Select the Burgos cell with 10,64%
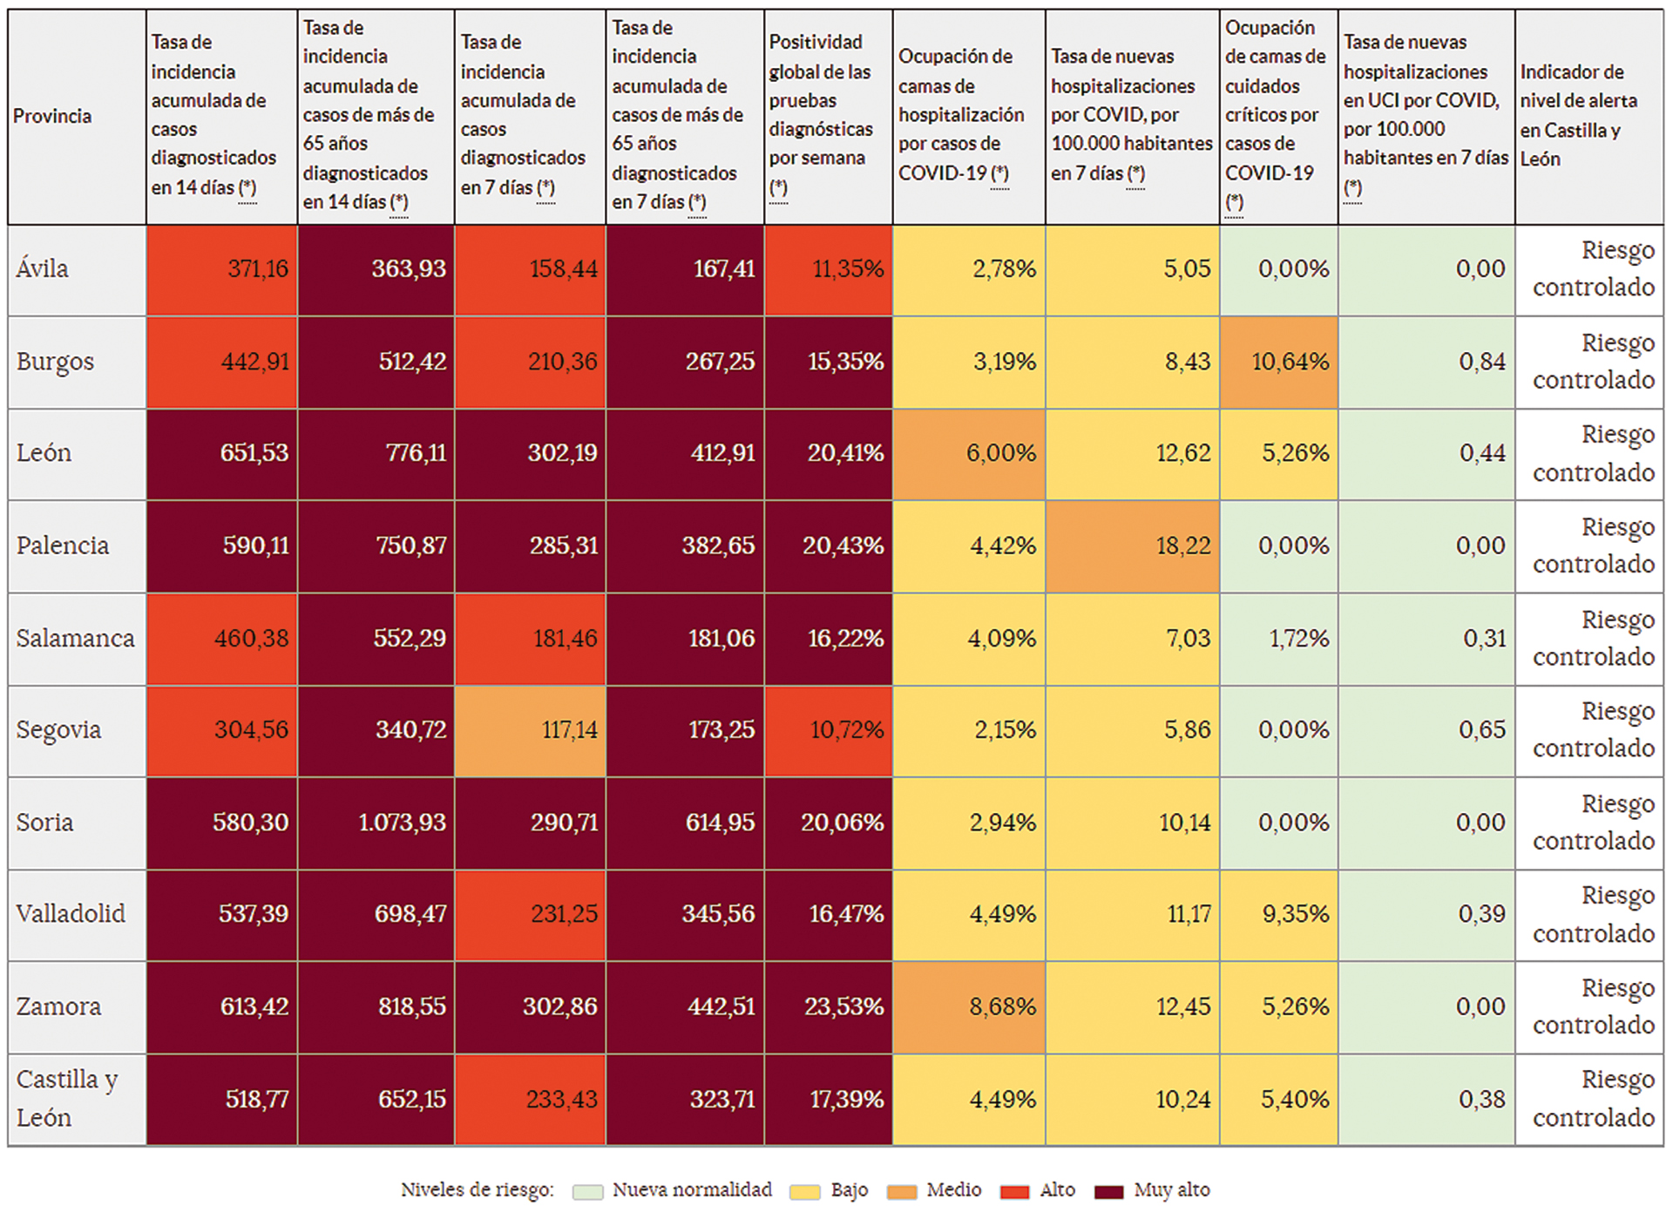[x=1278, y=362]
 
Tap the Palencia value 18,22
[x=1132, y=546]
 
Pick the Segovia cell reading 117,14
[x=530, y=730]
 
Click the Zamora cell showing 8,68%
[x=968, y=1007]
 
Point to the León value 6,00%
[x=968, y=453]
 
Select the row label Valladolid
[x=71, y=914]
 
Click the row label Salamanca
[x=75, y=639]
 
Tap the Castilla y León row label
[x=66, y=1099]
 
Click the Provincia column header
[x=52, y=116]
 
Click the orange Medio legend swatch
[x=902, y=1191]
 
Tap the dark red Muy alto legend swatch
[x=1108, y=1191]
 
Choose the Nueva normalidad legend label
[x=692, y=1190]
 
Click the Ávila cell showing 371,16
[x=222, y=269]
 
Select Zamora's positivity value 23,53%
[x=828, y=1007]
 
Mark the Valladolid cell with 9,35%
[x=1278, y=914]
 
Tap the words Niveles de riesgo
[x=477, y=1190]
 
